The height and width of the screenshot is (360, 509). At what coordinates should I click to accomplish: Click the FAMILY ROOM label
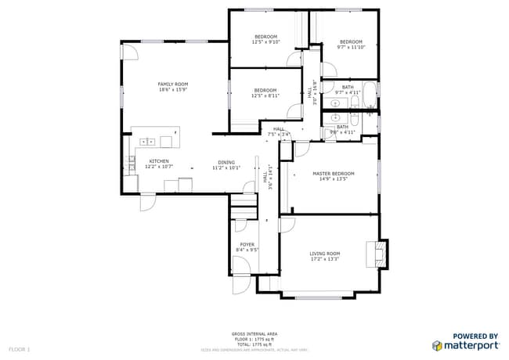pyautogui.click(x=173, y=84)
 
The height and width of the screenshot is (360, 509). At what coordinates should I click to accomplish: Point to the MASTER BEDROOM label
pyautogui.click(x=334, y=173)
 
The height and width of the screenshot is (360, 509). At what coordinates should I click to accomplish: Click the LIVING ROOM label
pyautogui.click(x=325, y=253)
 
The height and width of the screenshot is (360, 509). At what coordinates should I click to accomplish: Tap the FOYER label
pyautogui.click(x=247, y=245)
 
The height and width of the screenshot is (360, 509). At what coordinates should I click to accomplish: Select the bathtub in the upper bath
pyautogui.click(x=369, y=95)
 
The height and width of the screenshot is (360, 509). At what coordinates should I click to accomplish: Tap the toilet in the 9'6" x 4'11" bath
pyautogui.click(x=354, y=120)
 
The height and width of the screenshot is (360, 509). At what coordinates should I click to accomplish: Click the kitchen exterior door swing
pyautogui.click(x=147, y=202)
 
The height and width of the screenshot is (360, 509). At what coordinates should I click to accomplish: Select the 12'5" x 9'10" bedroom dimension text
pyautogui.click(x=265, y=42)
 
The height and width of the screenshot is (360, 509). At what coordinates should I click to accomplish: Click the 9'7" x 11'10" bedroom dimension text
pyautogui.click(x=350, y=47)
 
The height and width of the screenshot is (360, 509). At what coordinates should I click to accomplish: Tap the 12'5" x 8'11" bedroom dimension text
pyautogui.click(x=265, y=96)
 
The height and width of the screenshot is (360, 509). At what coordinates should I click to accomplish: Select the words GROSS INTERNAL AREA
pyautogui.click(x=254, y=333)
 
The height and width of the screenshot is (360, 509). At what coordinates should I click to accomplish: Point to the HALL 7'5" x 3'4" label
pyautogui.click(x=278, y=131)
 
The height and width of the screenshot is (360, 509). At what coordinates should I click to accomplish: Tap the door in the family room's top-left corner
pyautogui.click(x=130, y=52)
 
